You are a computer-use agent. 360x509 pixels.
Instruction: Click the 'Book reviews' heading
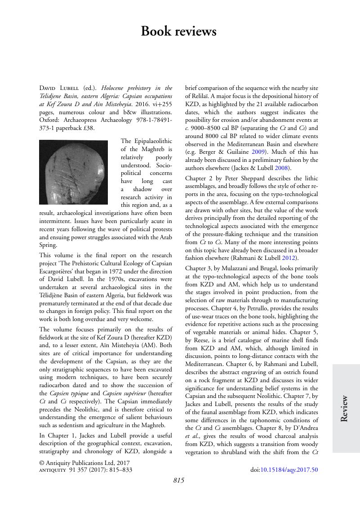178,31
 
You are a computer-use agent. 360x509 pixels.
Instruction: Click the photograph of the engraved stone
74,172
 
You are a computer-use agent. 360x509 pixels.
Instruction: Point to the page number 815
179,481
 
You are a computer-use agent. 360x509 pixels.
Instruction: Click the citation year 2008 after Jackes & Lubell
281,168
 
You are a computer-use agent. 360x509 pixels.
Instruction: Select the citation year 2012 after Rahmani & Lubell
292,258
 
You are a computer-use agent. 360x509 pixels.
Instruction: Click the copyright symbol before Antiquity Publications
42,462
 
